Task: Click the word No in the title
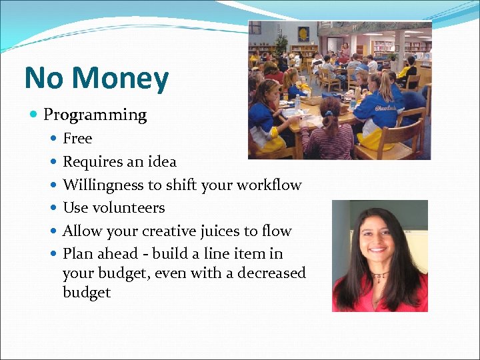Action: [x=45, y=79]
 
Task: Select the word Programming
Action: [x=95, y=115]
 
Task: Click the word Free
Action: [x=77, y=139]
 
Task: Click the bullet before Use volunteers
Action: [x=53, y=208]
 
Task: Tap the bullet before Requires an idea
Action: [x=53, y=162]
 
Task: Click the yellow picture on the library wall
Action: [x=303, y=34]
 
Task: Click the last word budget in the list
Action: [x=87, y=293]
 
